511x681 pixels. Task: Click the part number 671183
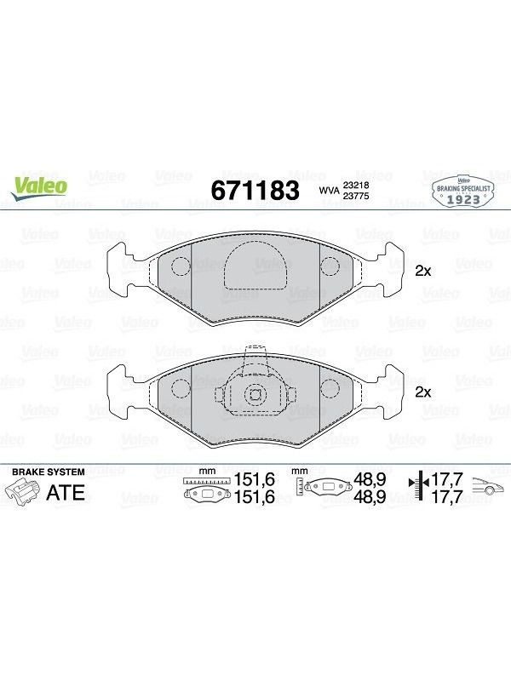[255, 190]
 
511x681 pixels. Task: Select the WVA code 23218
[356, 185]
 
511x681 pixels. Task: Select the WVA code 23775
[356, 196]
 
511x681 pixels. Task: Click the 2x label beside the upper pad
[422, 272]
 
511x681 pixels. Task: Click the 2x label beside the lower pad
[422, 392]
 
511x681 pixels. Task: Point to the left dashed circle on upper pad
[181, 266]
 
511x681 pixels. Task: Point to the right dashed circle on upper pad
[330, 266]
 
